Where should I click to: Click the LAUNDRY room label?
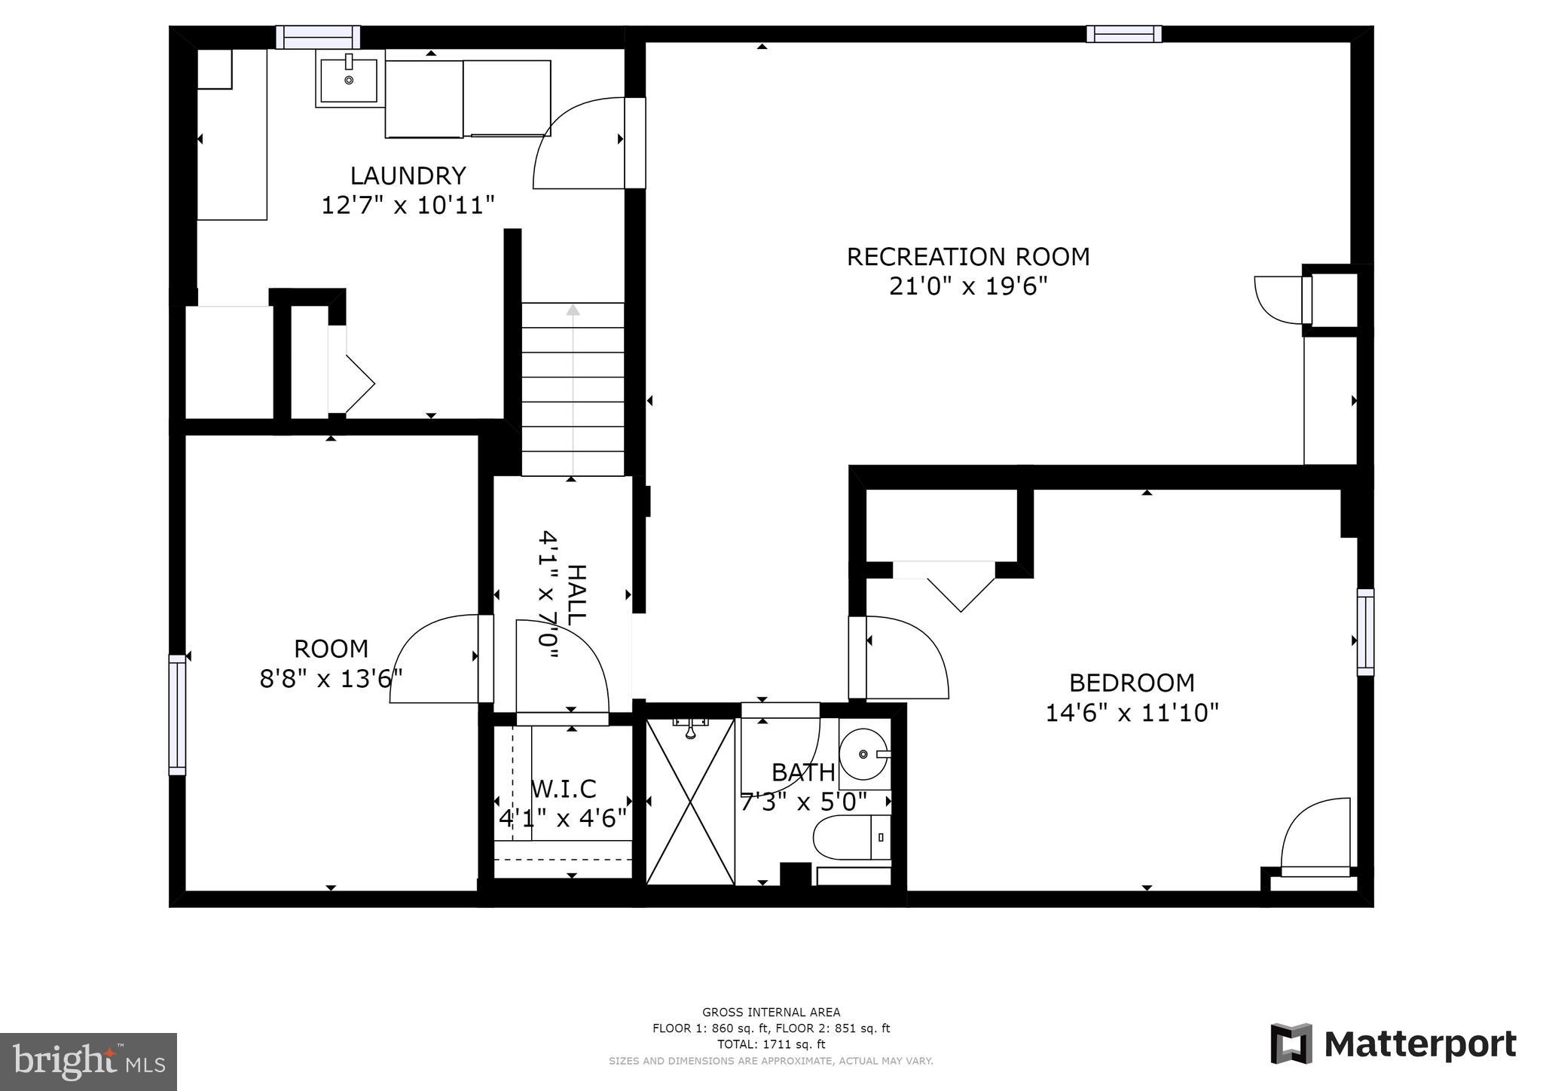click(x=408, y=176)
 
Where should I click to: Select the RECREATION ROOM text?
click(x=967, y=257)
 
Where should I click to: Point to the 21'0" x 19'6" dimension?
click(x=967, y=287)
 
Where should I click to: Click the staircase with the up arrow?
click(x=573, y=388)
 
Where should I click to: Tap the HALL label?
click(x=576, y=594)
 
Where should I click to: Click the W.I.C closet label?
click(x=564, y=789)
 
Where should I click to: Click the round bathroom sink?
click(x=863, y=753)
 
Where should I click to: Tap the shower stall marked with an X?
click(x=690, y=801)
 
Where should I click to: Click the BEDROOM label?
click(x=1132, y=683)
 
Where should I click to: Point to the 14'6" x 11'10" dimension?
click(x=1132, y=713)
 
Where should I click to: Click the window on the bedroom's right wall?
click(x=1365, y=631)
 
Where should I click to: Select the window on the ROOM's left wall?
click(x=177, y=714)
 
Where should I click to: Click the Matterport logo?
click(x=1393, y=1045)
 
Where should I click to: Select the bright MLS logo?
click(x=88, y=1062)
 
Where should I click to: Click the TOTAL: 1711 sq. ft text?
click(x=771, y=1044)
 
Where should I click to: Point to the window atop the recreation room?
click(x=1123, y=34)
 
